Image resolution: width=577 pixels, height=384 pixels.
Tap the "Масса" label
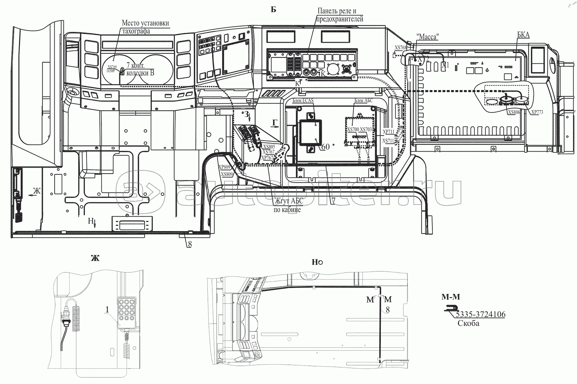pos(426,36)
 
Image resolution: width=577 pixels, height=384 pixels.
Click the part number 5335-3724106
pos(481,314)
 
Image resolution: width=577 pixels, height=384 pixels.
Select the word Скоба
pos(468,323)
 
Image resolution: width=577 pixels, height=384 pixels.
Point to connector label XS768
pos(400,48)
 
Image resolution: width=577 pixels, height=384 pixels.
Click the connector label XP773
pos(537,112)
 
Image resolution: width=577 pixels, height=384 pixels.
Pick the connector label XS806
pos(514,112)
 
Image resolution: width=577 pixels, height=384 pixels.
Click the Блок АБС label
pos(363,101)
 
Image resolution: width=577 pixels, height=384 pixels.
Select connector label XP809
pos(225,167)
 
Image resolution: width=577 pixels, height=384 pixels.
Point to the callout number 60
pos(325,147)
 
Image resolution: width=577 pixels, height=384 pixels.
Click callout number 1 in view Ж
pos(107,310)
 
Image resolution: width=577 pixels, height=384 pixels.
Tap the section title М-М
pos(450,297)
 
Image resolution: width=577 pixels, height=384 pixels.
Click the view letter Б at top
pos(273,10)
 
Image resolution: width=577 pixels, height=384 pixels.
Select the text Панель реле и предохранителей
pos(339,15)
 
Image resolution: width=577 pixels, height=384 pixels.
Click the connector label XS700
pos(353,129)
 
